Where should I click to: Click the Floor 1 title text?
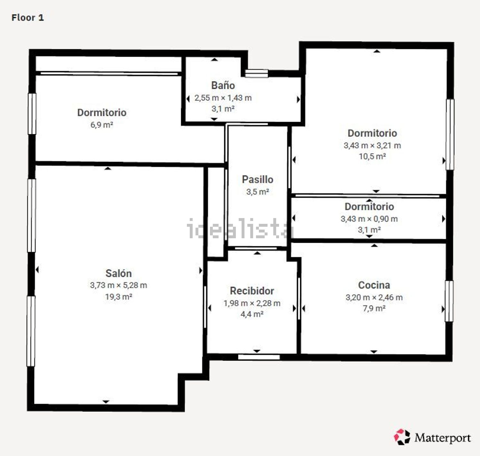click(28, 18)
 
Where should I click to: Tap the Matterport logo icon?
click(402, 437)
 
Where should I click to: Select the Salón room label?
click(118, 273)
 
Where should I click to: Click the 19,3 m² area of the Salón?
click(118, 297)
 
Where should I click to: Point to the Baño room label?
click(223, 85)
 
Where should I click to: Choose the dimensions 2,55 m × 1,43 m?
click(223, 98)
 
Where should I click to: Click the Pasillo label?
click(258, 179)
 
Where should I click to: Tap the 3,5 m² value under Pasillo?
click(258, 192)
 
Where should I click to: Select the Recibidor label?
click(252, 291)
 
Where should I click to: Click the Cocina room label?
click(374, 285)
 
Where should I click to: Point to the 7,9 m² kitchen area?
click(374, 308)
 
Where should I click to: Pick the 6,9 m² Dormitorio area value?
click(102, 125)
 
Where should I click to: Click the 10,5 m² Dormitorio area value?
click(372, 156)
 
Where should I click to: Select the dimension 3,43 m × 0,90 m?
click(369, 219)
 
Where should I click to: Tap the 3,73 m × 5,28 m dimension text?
click(118, 285)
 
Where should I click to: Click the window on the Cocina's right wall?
click(449, 301)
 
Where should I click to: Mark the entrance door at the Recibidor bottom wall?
click(259, 357)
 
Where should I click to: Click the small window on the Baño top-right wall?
click(257, 73)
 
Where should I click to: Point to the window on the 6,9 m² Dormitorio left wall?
click(32, 114)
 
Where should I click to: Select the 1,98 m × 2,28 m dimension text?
click(252, 303)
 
